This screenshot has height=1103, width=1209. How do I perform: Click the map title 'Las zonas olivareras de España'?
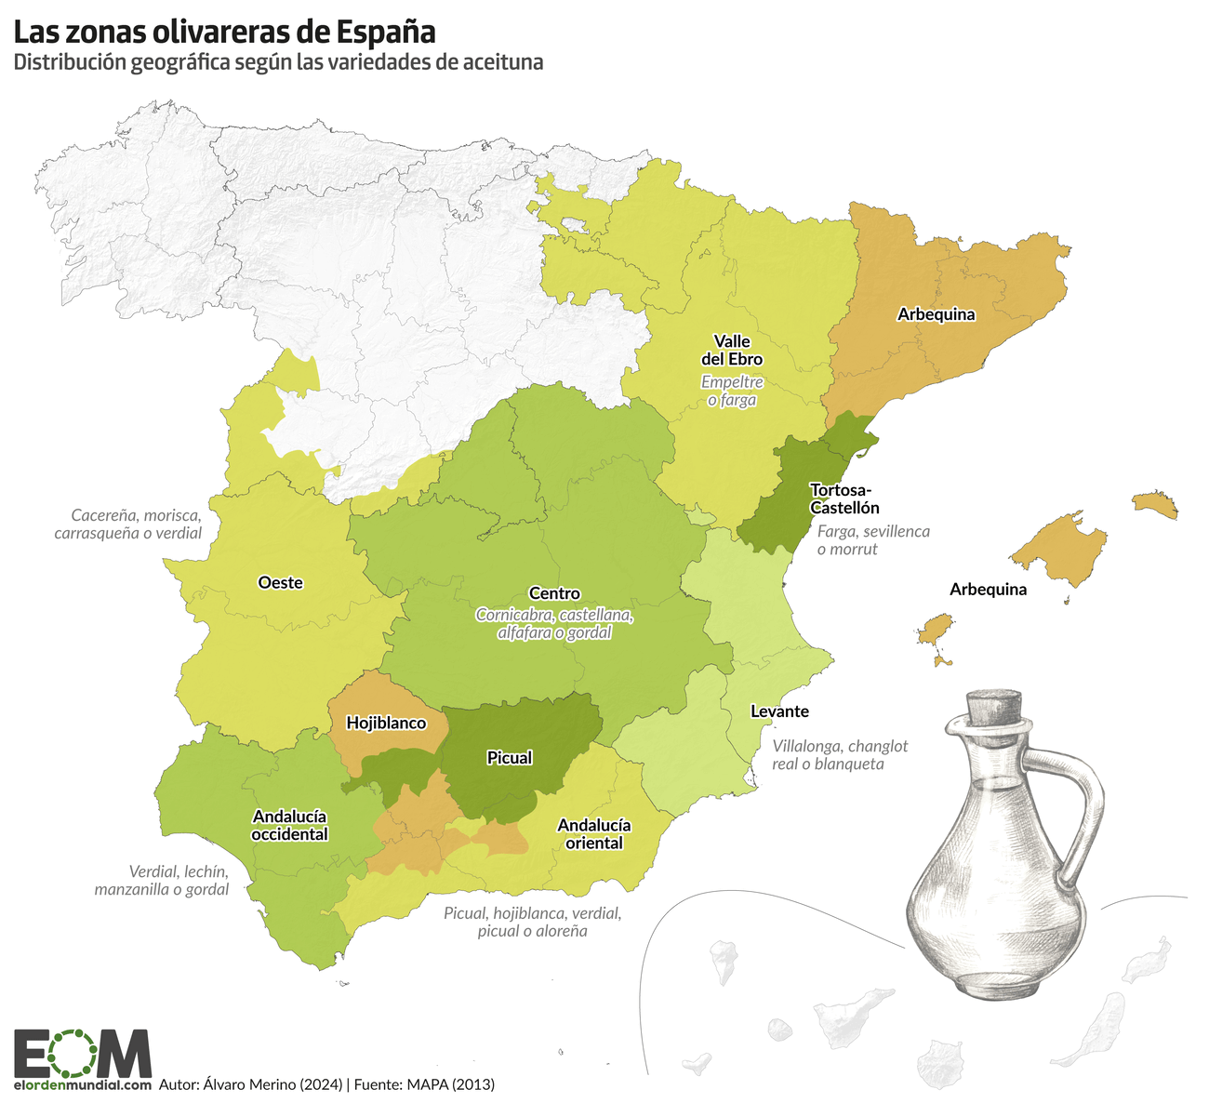(x=224, y=32)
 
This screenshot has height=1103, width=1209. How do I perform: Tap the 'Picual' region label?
(x=510, y=758)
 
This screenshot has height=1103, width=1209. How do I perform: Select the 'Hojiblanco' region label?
(x=386, y=723)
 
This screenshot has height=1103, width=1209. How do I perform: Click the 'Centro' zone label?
(x=554, y=593)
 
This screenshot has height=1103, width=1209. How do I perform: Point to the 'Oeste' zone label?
(x=280, y=582)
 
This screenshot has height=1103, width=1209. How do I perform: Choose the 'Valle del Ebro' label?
(x=732, y=350)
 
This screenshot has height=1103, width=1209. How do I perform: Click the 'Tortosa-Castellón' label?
(x=844, y=498)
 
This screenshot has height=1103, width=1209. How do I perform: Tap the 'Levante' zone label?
(x=779, y=711)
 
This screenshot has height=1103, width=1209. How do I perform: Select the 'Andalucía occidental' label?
(x=289, y=825)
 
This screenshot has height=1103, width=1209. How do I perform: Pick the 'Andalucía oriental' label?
(x=593, y=834)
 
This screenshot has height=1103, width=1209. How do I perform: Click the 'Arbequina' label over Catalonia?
(x=936, y=314)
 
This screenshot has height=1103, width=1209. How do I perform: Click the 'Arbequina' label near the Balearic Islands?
(x=988, y=590)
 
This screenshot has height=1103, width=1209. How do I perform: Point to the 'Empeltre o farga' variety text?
(x=732, y=391)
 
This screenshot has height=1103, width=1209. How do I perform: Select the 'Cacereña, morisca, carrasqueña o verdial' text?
(x=128, y=525)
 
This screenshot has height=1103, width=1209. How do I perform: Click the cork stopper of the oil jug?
(x=994, y=708)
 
